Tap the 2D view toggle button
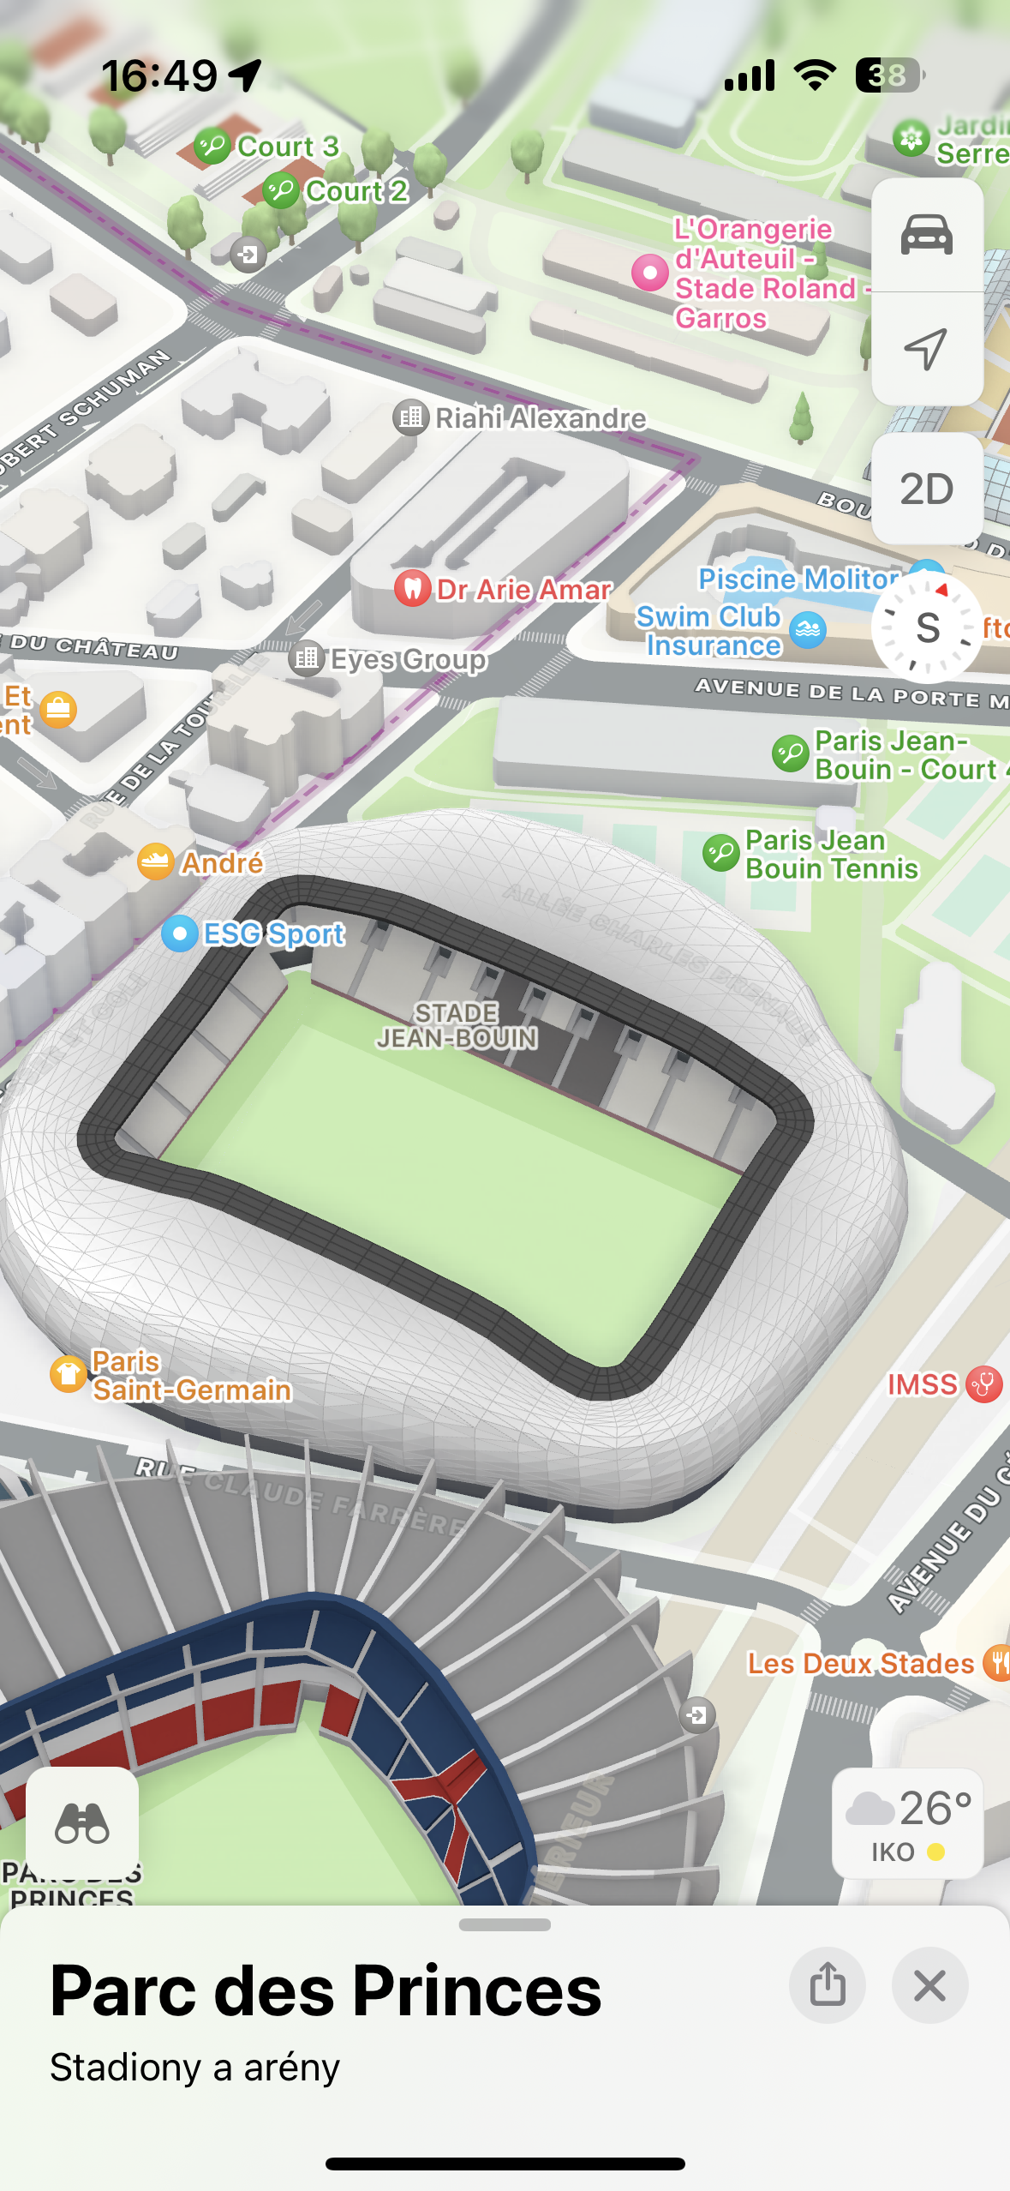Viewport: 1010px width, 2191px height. click(926, 489)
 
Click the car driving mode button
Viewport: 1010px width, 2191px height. click(926, 234)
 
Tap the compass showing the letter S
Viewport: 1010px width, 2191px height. click(927, 627)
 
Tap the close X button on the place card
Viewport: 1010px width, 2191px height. click(929, 1985)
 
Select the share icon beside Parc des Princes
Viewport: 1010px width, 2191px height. click(827, 1985)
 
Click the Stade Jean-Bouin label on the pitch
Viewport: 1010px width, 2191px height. click(457, 1025)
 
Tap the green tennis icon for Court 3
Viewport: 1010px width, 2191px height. click(212, 146)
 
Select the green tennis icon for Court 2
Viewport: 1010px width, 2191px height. click(280, 190)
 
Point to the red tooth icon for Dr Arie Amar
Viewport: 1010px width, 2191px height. click(413, 589)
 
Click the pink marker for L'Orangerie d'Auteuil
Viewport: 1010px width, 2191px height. click(650, 273)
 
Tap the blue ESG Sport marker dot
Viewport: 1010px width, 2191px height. click(180, 933)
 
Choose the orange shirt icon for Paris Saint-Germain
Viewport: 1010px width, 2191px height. click(68, 1375)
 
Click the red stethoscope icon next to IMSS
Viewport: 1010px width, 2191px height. click(983, 1384)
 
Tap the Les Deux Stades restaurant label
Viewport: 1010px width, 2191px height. click(860, 1664)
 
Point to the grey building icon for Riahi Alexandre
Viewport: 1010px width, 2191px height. click(411, 417)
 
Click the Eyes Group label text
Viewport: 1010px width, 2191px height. click(409, 659)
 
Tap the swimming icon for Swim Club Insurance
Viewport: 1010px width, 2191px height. click(808, 631)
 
